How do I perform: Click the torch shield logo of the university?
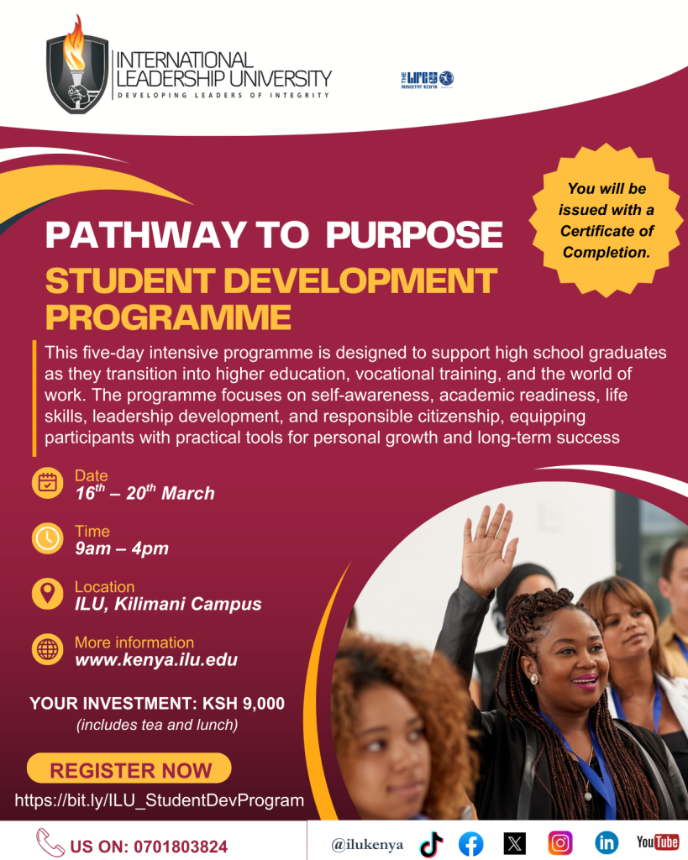point(77,66)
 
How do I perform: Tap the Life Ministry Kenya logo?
point(427,79)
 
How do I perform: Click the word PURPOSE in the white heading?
point(414,234)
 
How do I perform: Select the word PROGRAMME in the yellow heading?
point(168,317)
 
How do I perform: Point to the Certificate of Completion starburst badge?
point(609,220)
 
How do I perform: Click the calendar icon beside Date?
point(47,482)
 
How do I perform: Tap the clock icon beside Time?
point(47,537)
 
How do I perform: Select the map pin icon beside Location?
point(47,593)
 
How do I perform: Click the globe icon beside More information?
point(47,648)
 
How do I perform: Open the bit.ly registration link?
point(160,800)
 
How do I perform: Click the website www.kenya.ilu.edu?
point(156,660)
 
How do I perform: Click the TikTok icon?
point(431,843)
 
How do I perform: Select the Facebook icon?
point(471,843)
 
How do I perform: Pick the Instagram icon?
point(560,842)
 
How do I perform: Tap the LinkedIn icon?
point(606,842)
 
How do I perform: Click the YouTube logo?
point(657,842)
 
